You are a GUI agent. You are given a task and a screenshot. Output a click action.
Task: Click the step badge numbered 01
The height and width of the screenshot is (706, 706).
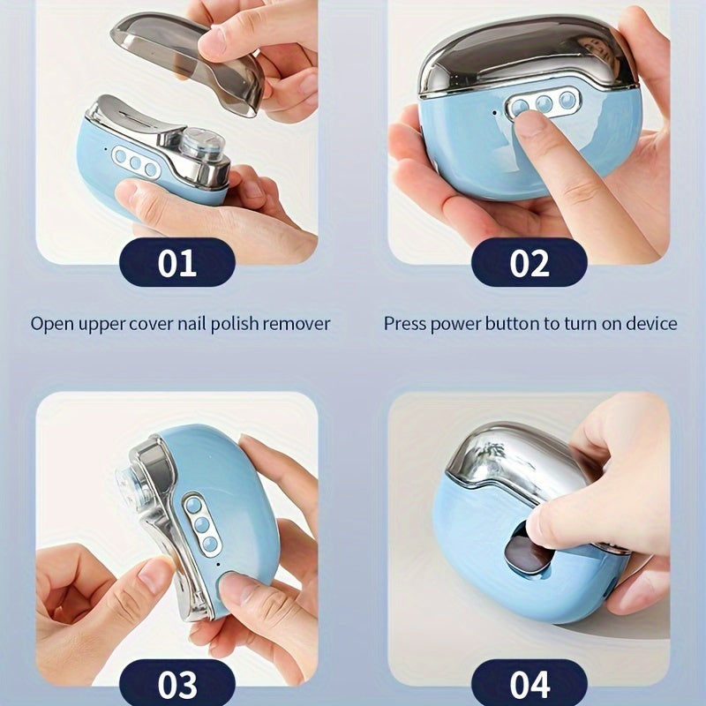176,263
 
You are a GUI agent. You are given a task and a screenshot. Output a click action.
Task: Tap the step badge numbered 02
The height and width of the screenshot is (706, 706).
529,263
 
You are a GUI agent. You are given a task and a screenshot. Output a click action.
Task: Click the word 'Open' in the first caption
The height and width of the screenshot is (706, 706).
51,324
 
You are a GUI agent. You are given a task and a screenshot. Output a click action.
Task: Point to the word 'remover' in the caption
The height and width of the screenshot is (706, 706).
297,324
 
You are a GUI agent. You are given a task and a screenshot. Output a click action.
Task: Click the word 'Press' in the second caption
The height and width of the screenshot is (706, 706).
404,324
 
